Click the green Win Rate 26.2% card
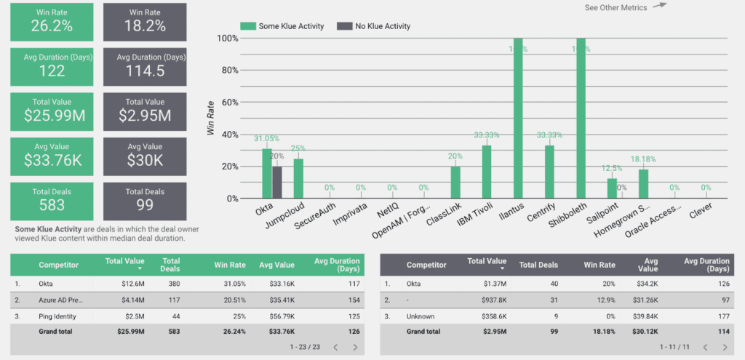click(x=52, y=21)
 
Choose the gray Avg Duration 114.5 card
click(x=144, y=65)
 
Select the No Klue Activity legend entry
click(x=374, y=26)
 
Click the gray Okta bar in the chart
click(x=277, y=182)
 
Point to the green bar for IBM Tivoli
click(x=487, y=172)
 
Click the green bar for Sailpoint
click(x=612, y=188)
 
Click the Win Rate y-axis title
click(x=211, y=119)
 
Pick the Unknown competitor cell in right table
click(x=422, y=316)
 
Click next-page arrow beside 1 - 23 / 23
click(x=355, y=348)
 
